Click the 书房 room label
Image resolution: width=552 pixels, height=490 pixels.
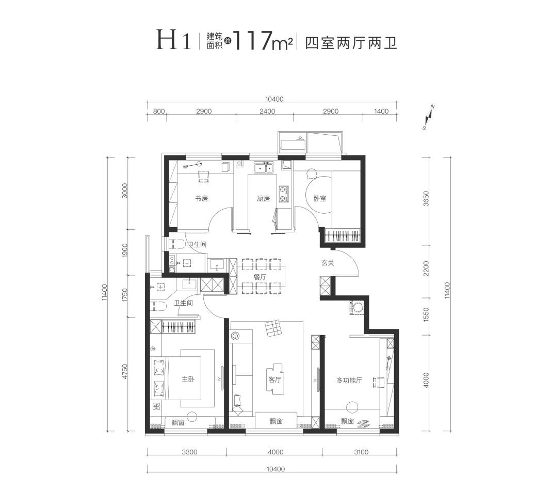pyautogui.click(x=201, y=198)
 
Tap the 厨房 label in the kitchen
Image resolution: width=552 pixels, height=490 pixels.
pyautogui.click(x=263, y=198)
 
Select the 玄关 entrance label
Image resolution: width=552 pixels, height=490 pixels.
pyautogui.click(x=328, y=263)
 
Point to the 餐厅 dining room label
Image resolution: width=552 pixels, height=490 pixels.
pyautogui.click(x=259, y=277)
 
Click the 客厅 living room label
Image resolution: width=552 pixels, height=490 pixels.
pyautogui.click(x=274, y=380)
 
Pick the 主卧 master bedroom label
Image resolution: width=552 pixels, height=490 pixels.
pyautogui.click(x=187, y=380)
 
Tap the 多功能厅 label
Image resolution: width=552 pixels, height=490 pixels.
pyautogui.click(x=349, y=380)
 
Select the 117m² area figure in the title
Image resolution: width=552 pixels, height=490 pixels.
pyautogui.click(x=263, y=41)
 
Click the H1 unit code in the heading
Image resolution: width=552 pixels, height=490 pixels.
pyautogui.click(x=174, y=41)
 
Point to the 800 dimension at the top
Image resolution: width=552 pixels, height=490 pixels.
pyautogui.click(x=159, y=112)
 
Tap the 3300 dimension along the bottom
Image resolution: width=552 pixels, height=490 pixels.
pyautogui.click(x=189, y=452)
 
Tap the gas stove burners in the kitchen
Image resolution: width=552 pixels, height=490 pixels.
pyautogui.click(x=283, y=194)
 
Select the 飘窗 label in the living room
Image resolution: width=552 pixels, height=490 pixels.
pyautogui.click(x=276, y=421)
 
